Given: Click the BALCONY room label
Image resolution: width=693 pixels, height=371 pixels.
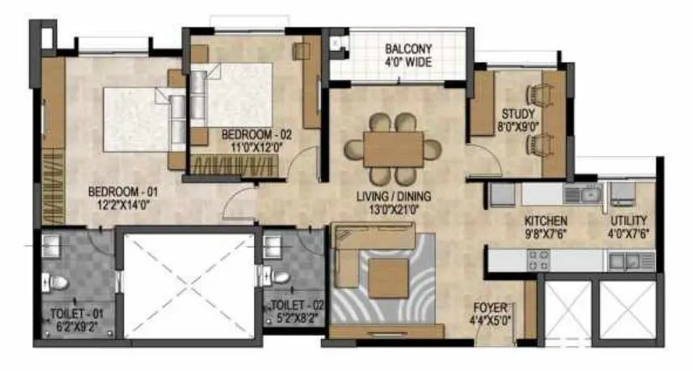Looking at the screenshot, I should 408,47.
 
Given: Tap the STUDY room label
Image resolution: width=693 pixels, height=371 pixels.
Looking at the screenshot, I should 518,113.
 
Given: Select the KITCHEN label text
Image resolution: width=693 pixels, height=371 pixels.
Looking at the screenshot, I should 545,221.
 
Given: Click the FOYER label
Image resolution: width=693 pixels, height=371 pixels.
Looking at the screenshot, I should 492,308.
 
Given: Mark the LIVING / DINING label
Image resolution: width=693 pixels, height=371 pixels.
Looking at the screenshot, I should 395,196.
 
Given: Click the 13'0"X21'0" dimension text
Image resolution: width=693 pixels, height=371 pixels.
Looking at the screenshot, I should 395,209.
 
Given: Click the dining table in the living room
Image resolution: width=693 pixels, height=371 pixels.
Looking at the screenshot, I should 393,150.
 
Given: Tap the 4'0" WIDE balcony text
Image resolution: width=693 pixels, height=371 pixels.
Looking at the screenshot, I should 408,61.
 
